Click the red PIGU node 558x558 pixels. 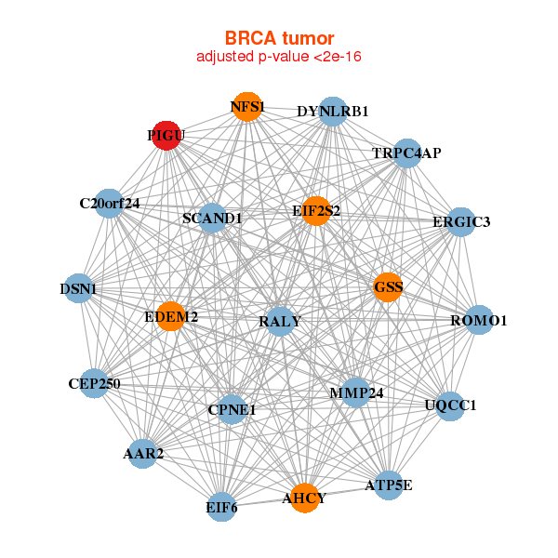(166, 136)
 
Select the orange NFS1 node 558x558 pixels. (246, 107)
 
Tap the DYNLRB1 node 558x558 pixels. (333, 112)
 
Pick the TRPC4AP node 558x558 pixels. (406, 153)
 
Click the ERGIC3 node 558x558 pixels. (461, 222)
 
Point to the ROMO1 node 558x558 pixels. (479, 321)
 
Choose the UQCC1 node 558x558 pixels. (450, 405)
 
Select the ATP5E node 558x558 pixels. (389, 485)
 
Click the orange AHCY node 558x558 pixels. (304, 498)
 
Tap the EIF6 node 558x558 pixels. (221, 507)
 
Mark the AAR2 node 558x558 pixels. (143, 454)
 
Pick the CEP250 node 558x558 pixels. (94, 383)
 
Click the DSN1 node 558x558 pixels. (78, 289)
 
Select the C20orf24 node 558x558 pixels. (109, 203)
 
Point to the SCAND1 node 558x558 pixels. (212, 219)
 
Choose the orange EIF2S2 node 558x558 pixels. (316, 211)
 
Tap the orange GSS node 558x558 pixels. (388, 287)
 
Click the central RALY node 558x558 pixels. (280, 321)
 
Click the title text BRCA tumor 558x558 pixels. (279, 38)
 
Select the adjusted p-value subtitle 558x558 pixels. (279, 57)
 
